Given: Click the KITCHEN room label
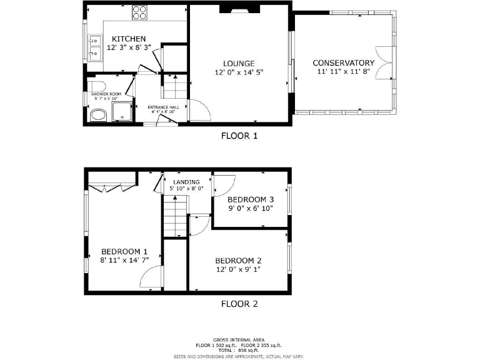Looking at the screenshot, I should point(129,39).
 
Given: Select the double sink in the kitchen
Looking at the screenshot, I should point(95,47).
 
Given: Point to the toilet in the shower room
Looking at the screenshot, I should point(96,86).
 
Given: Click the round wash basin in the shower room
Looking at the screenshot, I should point(97,115).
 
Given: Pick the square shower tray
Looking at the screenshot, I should point(122,111).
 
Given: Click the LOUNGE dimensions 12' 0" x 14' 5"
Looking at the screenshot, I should point(239,72).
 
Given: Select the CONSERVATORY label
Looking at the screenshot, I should point(343,63).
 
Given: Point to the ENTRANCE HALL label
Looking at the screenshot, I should point(163,107).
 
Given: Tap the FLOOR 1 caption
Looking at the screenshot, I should point(239,136).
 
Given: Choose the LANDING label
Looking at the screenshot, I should point(186,182).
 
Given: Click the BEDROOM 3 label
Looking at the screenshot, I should point(250,200).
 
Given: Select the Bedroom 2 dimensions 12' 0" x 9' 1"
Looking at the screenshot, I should point(238,269).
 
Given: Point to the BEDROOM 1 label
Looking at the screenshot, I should point(124,251).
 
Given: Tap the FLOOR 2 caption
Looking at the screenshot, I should point(239,304).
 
